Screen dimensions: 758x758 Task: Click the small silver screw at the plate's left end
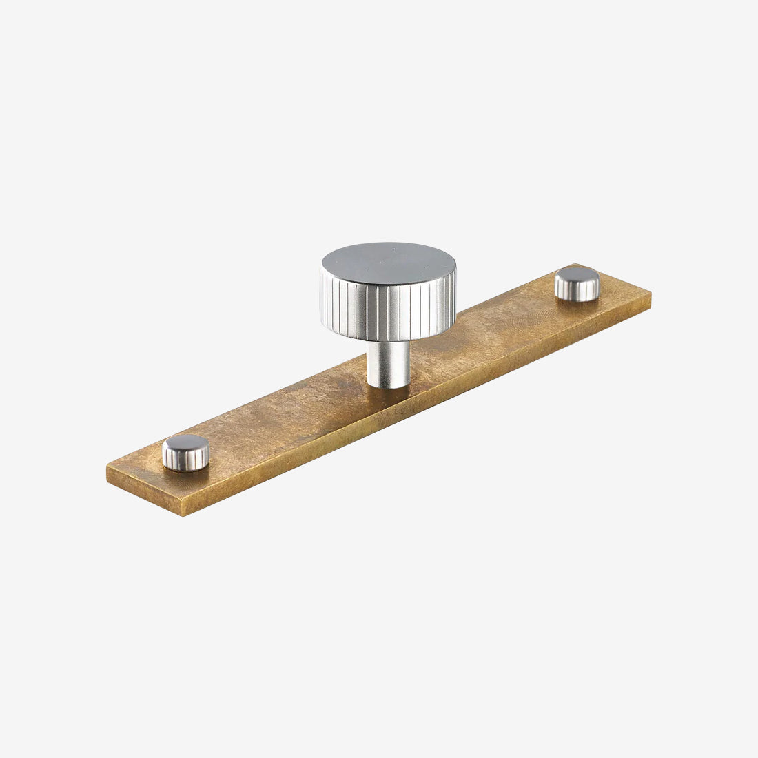[x=185, y=453]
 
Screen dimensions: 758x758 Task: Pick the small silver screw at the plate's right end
[x=577, y=284]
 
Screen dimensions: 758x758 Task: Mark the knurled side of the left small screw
[x=186, y=461]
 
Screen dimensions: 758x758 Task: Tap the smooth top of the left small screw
[x=185, y=445]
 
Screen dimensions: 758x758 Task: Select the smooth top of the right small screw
[x=577, y=277]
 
